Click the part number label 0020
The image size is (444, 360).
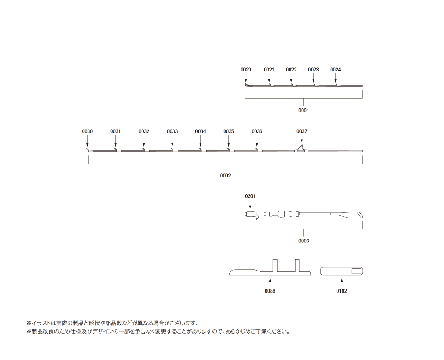[245, 70]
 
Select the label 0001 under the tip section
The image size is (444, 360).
[303, 110]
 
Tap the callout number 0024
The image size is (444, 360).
[336, 70]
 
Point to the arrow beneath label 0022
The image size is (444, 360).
[291, 78]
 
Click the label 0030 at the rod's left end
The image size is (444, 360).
[87, 131]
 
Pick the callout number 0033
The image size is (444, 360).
[172, 131]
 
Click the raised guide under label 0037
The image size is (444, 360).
[301, 148]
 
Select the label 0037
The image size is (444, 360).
[302, 131]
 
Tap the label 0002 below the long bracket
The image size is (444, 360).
[225, 176]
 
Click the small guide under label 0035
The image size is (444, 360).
[231, 150]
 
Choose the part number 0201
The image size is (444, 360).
[250, 196]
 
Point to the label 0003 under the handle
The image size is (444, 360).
[303, 241]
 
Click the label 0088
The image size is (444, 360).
[270, 291]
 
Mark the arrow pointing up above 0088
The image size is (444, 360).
[270, 283]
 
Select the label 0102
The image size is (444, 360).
[342, 291]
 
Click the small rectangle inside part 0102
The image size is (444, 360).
[356, 271]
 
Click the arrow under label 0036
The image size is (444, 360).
[257, 141]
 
